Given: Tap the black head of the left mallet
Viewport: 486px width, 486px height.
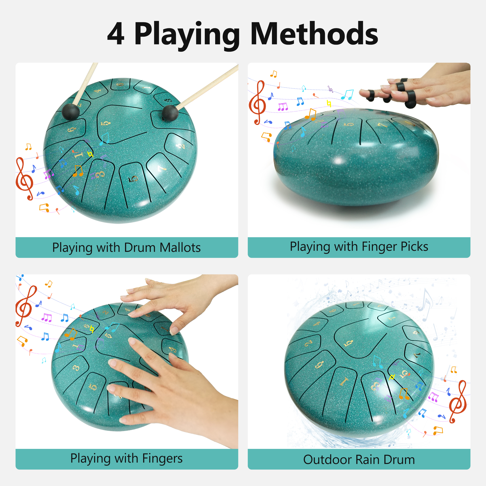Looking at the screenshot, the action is click(71, 112).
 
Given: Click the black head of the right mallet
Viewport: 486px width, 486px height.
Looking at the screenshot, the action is click(170, 114).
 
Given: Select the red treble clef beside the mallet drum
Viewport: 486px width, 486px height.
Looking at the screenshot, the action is click(24, 178).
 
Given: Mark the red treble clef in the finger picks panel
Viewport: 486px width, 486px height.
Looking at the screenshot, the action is click(257, 102).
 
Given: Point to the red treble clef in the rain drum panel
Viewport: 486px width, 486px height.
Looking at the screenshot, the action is click(458, 402).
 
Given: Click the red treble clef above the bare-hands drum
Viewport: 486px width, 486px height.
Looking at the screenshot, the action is click(25, 306).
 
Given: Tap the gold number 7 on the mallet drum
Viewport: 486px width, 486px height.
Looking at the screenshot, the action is click(161, 169).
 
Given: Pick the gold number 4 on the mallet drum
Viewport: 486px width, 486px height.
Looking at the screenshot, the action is click(98, 91).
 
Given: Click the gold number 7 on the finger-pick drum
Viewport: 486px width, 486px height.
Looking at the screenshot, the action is click(382, 125).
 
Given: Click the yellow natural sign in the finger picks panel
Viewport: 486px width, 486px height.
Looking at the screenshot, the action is click(328, 103).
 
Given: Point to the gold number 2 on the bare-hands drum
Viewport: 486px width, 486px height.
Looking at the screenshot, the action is click(105, 312).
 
